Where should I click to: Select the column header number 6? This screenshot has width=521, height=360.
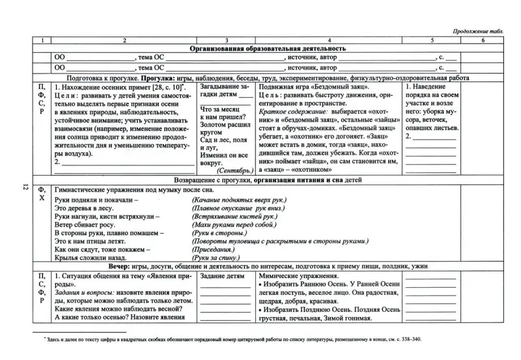click(483, 40)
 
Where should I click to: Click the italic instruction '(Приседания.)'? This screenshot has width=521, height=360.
click(213, 249)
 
